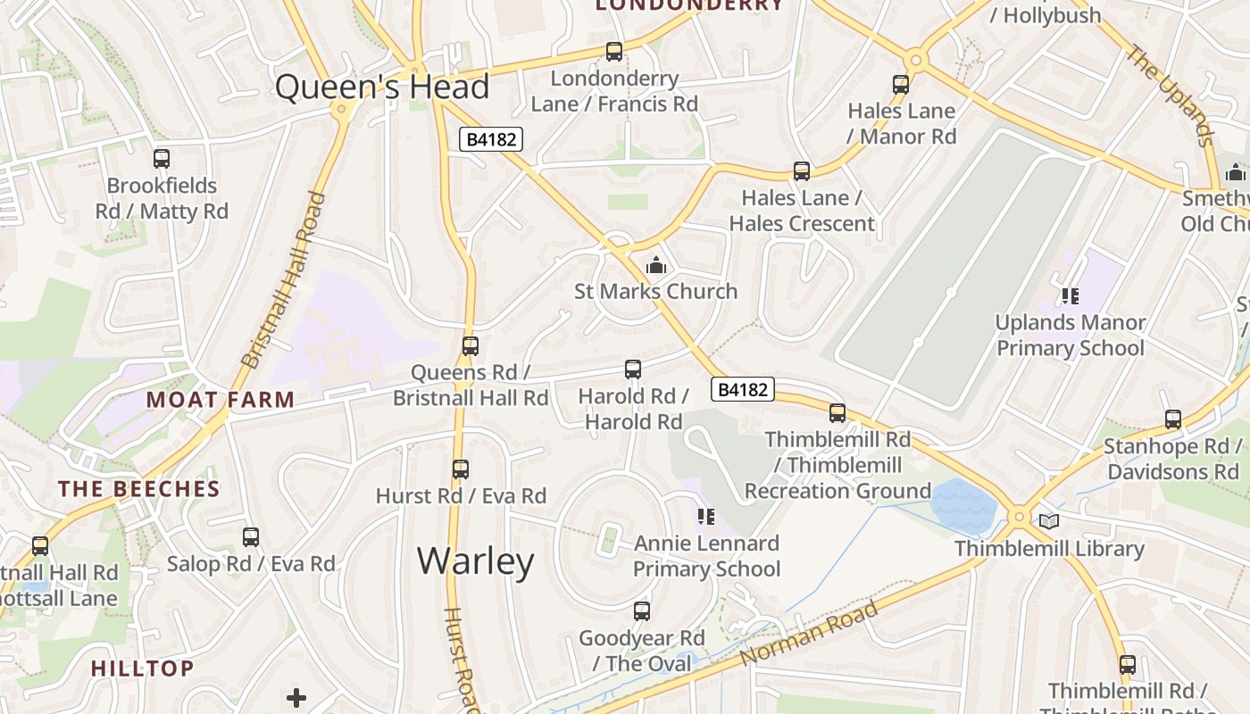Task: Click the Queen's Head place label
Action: tap(382, 87)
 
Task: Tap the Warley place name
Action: tap(476, 560)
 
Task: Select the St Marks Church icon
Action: tap(656, 265)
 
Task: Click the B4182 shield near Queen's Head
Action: tap(491, 139)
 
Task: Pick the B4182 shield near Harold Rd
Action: tap(743, 389)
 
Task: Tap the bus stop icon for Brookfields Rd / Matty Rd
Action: tap(162, 159)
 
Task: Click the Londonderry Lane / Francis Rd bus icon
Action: tap(614, 52)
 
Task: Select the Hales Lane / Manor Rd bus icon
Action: tap(901, 85)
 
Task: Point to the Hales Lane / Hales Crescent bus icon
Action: tap(802, 171)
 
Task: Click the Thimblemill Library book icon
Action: tap(1049, 521)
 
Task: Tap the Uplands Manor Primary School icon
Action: tap(1070, 295)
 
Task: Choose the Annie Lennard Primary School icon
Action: tap(706, 517)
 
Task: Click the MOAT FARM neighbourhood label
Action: tap(221, 400)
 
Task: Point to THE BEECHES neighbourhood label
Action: tap(139, 489)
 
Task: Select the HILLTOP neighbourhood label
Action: tap(143, 668)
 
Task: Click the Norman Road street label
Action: tap(809, 634)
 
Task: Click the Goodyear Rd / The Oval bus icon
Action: tap(642, 611)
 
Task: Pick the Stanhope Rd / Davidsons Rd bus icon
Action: tap(1173, 419)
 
